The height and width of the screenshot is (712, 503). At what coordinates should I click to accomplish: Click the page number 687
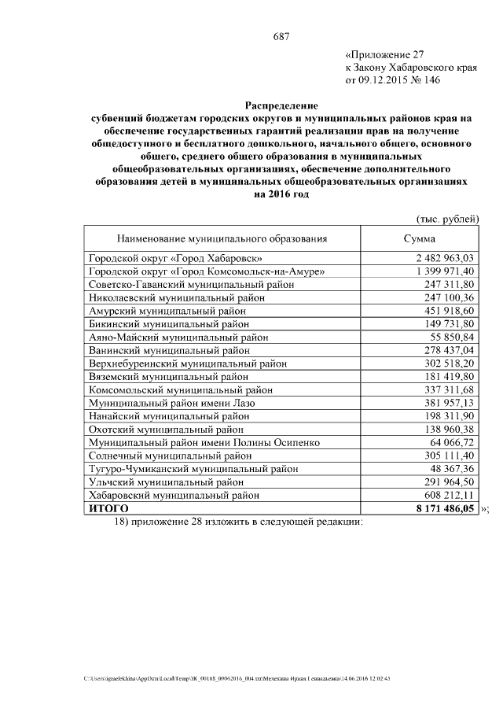pyautogui.click(x=282, y=37)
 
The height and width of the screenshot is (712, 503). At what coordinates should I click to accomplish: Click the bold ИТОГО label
pyautogui.click(x=108, y=508)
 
